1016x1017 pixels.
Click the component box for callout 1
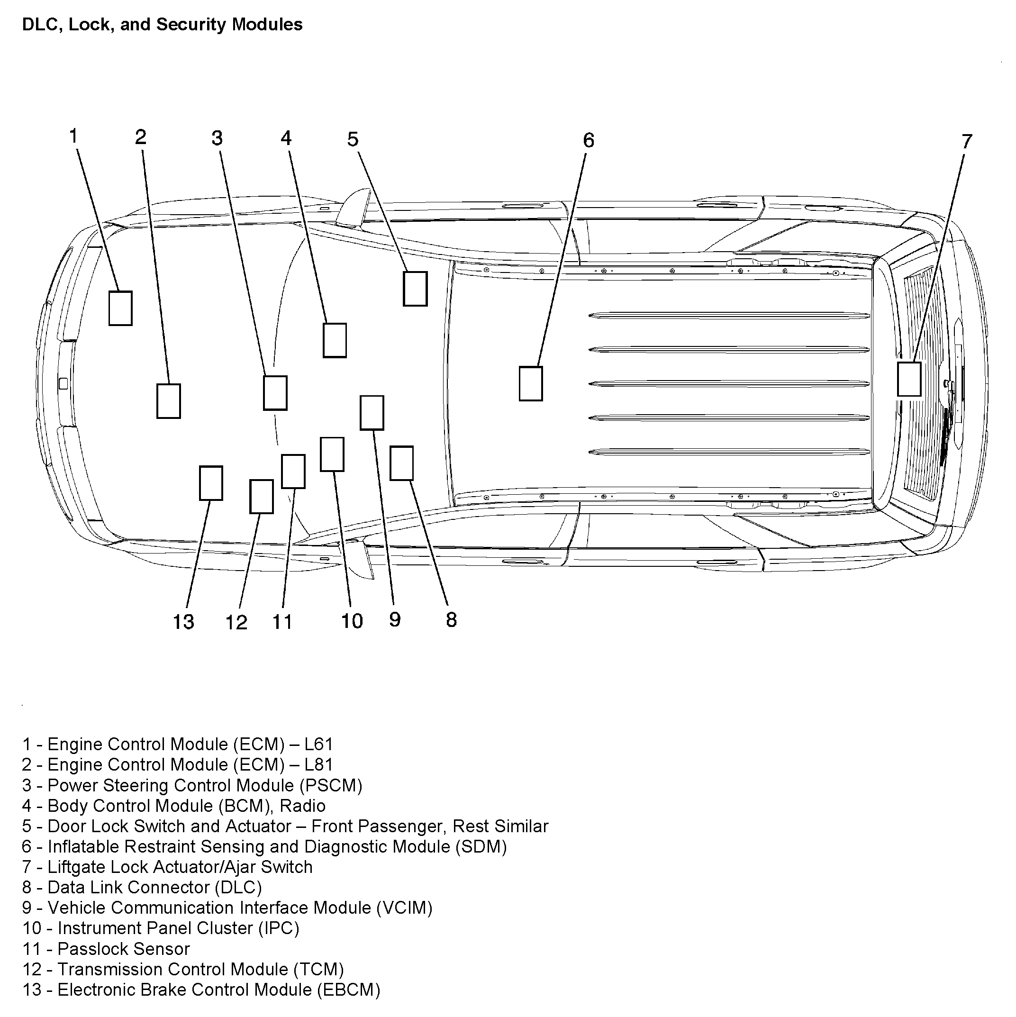pyautogui.click(x=120, y=309)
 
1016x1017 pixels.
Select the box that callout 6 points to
pyautogui.click(x=531, y=384)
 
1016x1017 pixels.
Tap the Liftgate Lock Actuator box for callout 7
pyautogui.click(x=908, y=379)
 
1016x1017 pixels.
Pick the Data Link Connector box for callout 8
pyautogui.click(x=401, y=463)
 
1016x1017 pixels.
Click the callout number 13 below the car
pyautogui.click(x=184, y=622)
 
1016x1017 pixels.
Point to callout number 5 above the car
pyautogui.click(x=353, y=139)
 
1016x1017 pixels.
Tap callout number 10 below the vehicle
pyautogui.click(x=352, y=621)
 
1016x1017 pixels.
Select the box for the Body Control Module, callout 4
pyautogui.click(x=334, y=341)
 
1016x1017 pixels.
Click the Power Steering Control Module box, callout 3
pyautogui.click(x=275, y=393)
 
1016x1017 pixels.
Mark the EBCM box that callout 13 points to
pyautogui.click(x=210, y=483)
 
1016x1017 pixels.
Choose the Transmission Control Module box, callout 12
pyautogui.click(x=261, y=496)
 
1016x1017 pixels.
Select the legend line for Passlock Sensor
pyautogui.click(x=106, y=949)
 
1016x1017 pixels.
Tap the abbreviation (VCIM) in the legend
pyautogui.click(x=404, y=908)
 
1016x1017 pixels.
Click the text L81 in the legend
pyautogui.click(x=318, y=765)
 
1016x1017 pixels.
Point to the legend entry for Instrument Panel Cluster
pyautogui.click(x=161, y=928)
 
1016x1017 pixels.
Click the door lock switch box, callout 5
pyautogui.click(x=415, y=289)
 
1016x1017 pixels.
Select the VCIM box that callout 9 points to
pyautogui.click(x=372, y=413)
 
